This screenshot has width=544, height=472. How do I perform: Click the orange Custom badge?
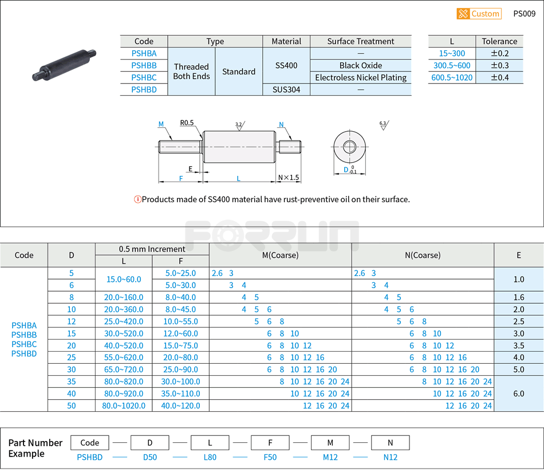(x=479, y=14)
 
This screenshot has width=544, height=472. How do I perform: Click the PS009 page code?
(x=525, y=14)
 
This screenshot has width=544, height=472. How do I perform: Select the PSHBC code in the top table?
(x=144, y=77)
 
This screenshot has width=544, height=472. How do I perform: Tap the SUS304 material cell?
(x=286, y=89)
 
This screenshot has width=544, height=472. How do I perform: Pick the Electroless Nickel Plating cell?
(x=361, y=77)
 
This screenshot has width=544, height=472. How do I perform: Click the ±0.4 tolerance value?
(x=499, y=77)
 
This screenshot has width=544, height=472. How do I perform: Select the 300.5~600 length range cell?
(x=452, y=65)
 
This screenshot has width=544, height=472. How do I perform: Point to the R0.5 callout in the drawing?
(x=187, y=123)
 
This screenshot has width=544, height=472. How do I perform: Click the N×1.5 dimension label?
(x=289, y=178)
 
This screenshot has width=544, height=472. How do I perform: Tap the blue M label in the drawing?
(x=161, y=124)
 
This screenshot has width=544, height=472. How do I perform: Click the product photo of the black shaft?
(x=64, y=64)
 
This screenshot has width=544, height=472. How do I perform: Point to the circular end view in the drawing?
(x=349, y=147)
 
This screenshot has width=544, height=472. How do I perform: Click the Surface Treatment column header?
(x=361, y=41)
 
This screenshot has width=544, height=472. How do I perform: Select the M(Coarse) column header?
(x=280, y=255)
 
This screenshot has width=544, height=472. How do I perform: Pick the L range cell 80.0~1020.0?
(x=124, y=406)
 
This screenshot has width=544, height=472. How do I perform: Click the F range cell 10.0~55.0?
(x=180, y=321)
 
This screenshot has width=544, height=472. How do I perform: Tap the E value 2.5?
(x=519, y=321)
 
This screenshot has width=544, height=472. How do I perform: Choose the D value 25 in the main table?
(x=72, y=357)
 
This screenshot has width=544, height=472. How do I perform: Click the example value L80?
(x=210, y=457)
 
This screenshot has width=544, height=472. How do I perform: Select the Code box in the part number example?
(x=90, y=443)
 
